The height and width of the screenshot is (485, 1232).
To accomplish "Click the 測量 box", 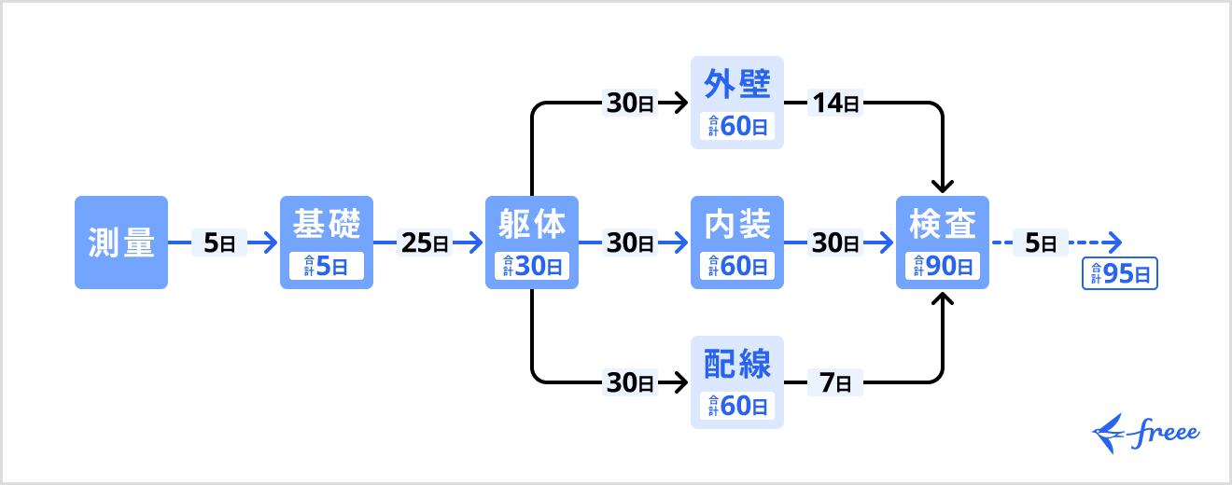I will (121, 242).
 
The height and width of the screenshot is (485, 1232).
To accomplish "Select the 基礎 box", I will (327, 228).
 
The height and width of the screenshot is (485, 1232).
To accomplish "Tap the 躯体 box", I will (532, 228).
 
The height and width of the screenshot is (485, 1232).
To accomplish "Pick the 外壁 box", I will (737, 88).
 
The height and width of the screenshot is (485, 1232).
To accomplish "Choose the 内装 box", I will (737, 228).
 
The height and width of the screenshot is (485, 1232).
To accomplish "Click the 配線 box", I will (737, 367).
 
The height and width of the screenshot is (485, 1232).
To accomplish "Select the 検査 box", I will (943, 228).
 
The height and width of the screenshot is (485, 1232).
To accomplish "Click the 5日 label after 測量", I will (219, 243).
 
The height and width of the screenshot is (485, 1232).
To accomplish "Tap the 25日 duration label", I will (425, 243).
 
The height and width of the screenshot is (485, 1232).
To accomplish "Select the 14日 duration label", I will (834, 104).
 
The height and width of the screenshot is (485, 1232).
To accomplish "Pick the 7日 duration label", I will (834, 382).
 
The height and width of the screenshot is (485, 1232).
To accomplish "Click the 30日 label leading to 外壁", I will (631, 104).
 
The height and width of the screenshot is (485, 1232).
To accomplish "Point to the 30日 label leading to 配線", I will (631, 382).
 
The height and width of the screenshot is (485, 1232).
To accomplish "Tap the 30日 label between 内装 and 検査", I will (834, 243).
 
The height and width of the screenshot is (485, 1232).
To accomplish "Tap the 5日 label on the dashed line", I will (1040, 243).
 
